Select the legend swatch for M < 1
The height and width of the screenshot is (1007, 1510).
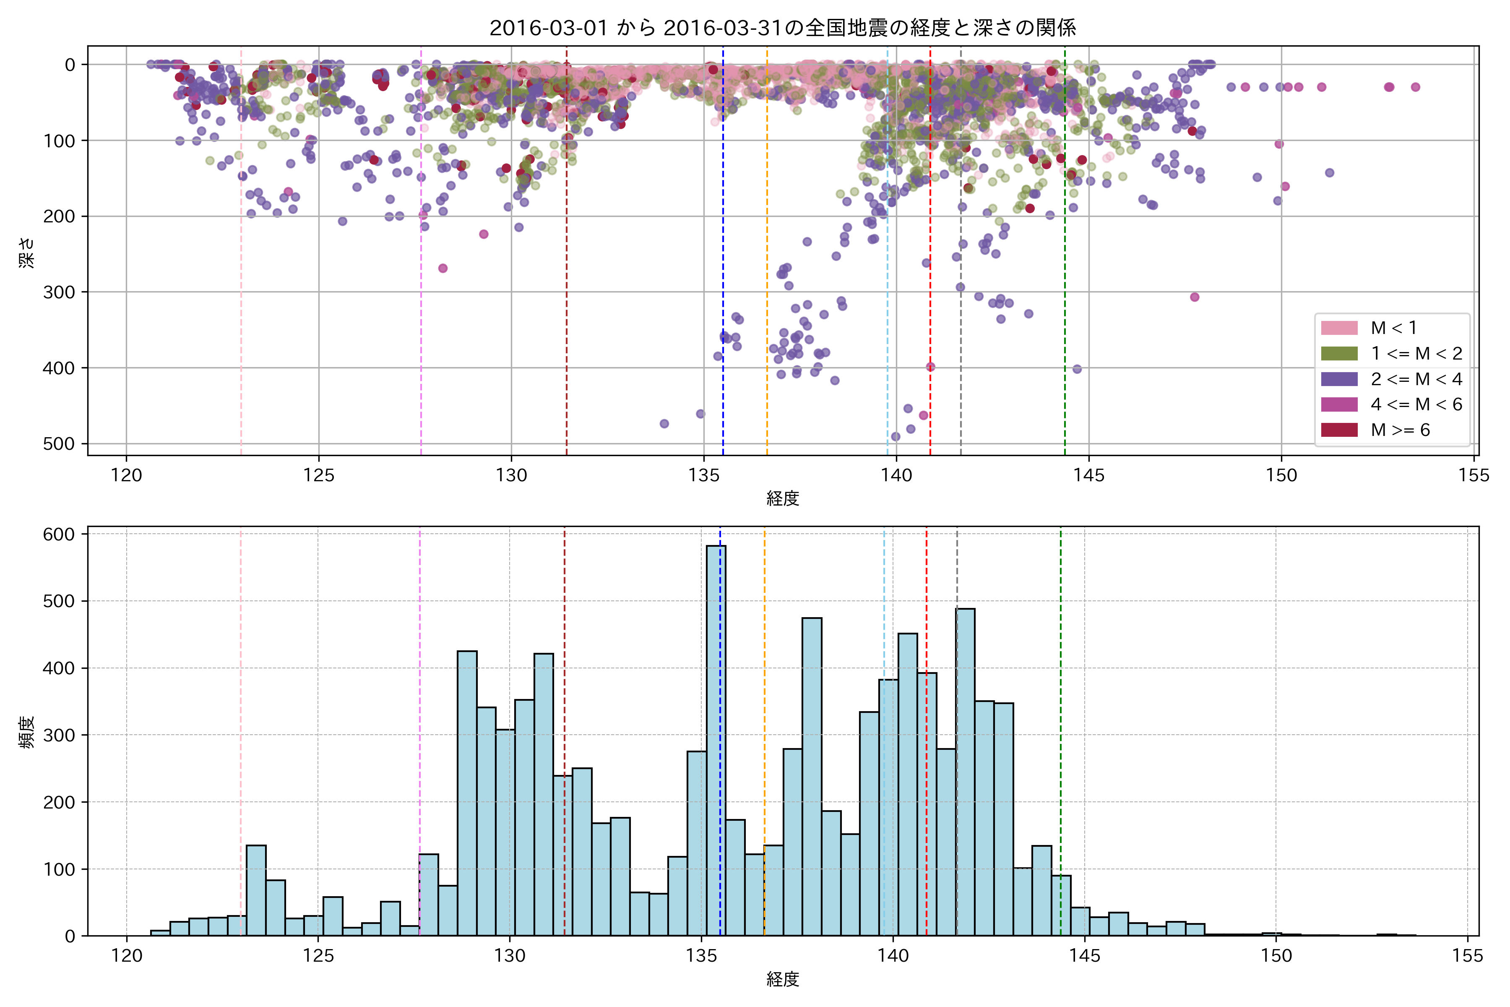(x=1339, y=328)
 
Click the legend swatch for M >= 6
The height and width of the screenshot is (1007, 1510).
(x=1339, y=430)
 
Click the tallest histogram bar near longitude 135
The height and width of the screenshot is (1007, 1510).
(x=716, y=738)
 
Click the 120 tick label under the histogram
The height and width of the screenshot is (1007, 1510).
(x=127, y=956)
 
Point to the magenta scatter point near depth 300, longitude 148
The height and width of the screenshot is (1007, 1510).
(x=1194, y=297)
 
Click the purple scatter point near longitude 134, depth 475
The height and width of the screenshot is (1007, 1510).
(x=664, y=424)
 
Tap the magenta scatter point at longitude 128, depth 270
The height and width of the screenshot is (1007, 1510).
(x=443, y=269)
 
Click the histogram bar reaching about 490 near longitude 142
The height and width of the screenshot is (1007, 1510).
(x=965, y=771)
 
